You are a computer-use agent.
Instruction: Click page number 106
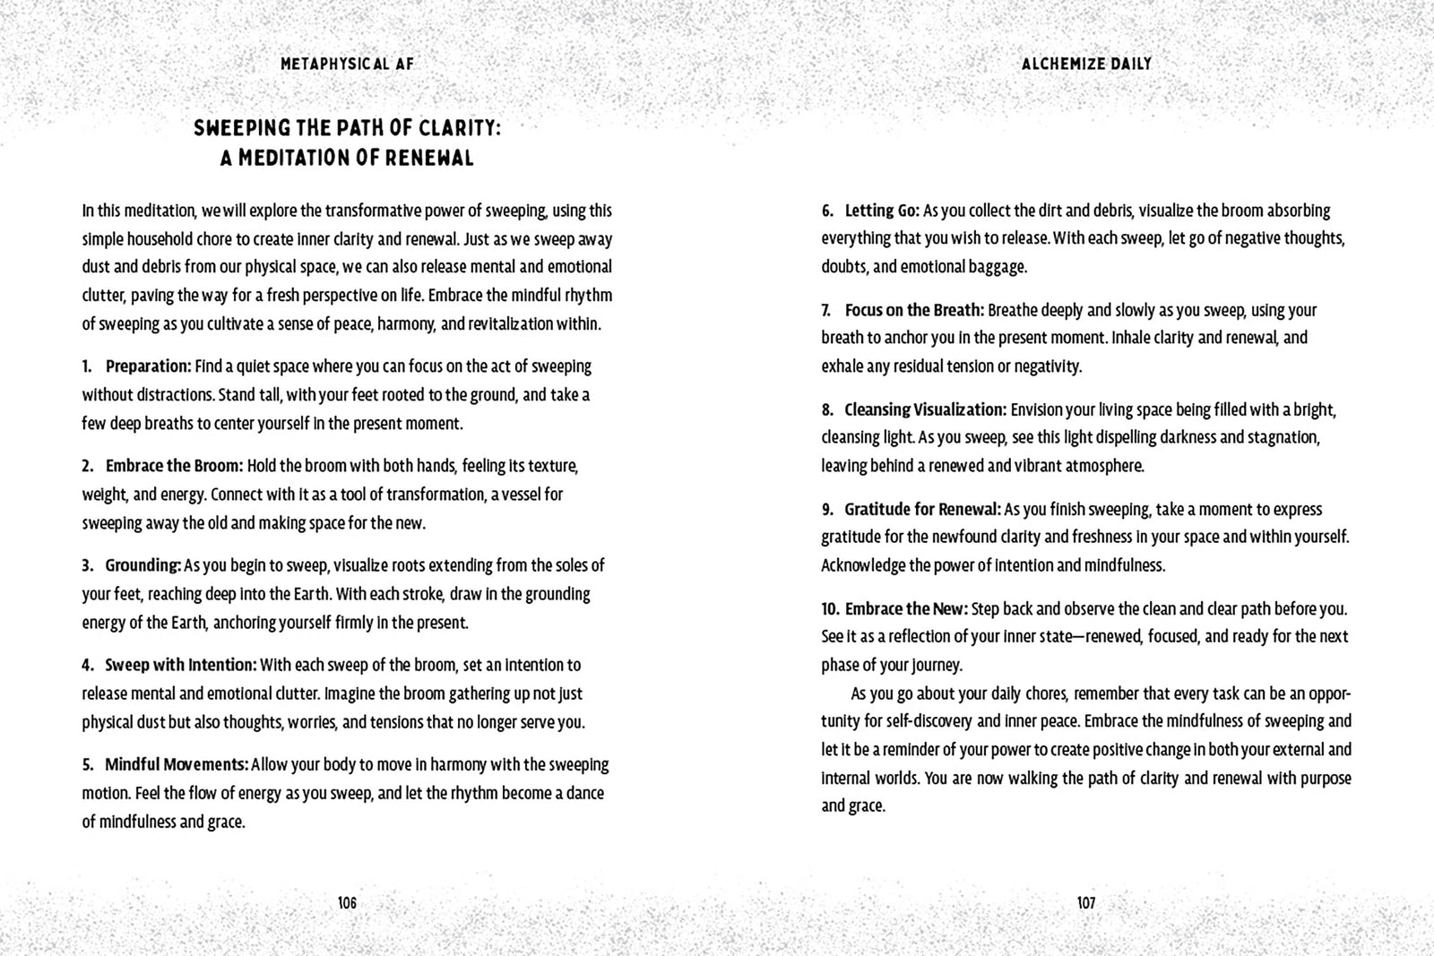click(x=348, y=903)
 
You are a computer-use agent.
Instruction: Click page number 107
click(x=1085, y=903)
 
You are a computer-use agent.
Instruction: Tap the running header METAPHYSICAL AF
click(x=348, y=64)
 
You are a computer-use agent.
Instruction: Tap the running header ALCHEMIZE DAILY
click(x=1086, y=64)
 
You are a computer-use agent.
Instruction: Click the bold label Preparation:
click(x=149, y=366)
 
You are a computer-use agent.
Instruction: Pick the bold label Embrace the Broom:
click(x=175, y=466)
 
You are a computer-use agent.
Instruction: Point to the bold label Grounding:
click(x=143, y=565)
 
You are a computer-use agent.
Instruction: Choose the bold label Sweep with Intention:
click(x=181, y=665)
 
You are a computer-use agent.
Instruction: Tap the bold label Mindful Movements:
click(x=177, y=764)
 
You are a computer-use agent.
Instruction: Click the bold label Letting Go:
click(x=882, y=211)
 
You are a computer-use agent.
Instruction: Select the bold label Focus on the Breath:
click(x=914, y=310)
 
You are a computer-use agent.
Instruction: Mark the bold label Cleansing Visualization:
click(x=925, y=409)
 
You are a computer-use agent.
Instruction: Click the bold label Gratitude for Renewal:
click(x=922, y=509)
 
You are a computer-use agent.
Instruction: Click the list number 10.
click(x=829, y=608)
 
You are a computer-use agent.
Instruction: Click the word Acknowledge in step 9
click(x=863, y=565)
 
